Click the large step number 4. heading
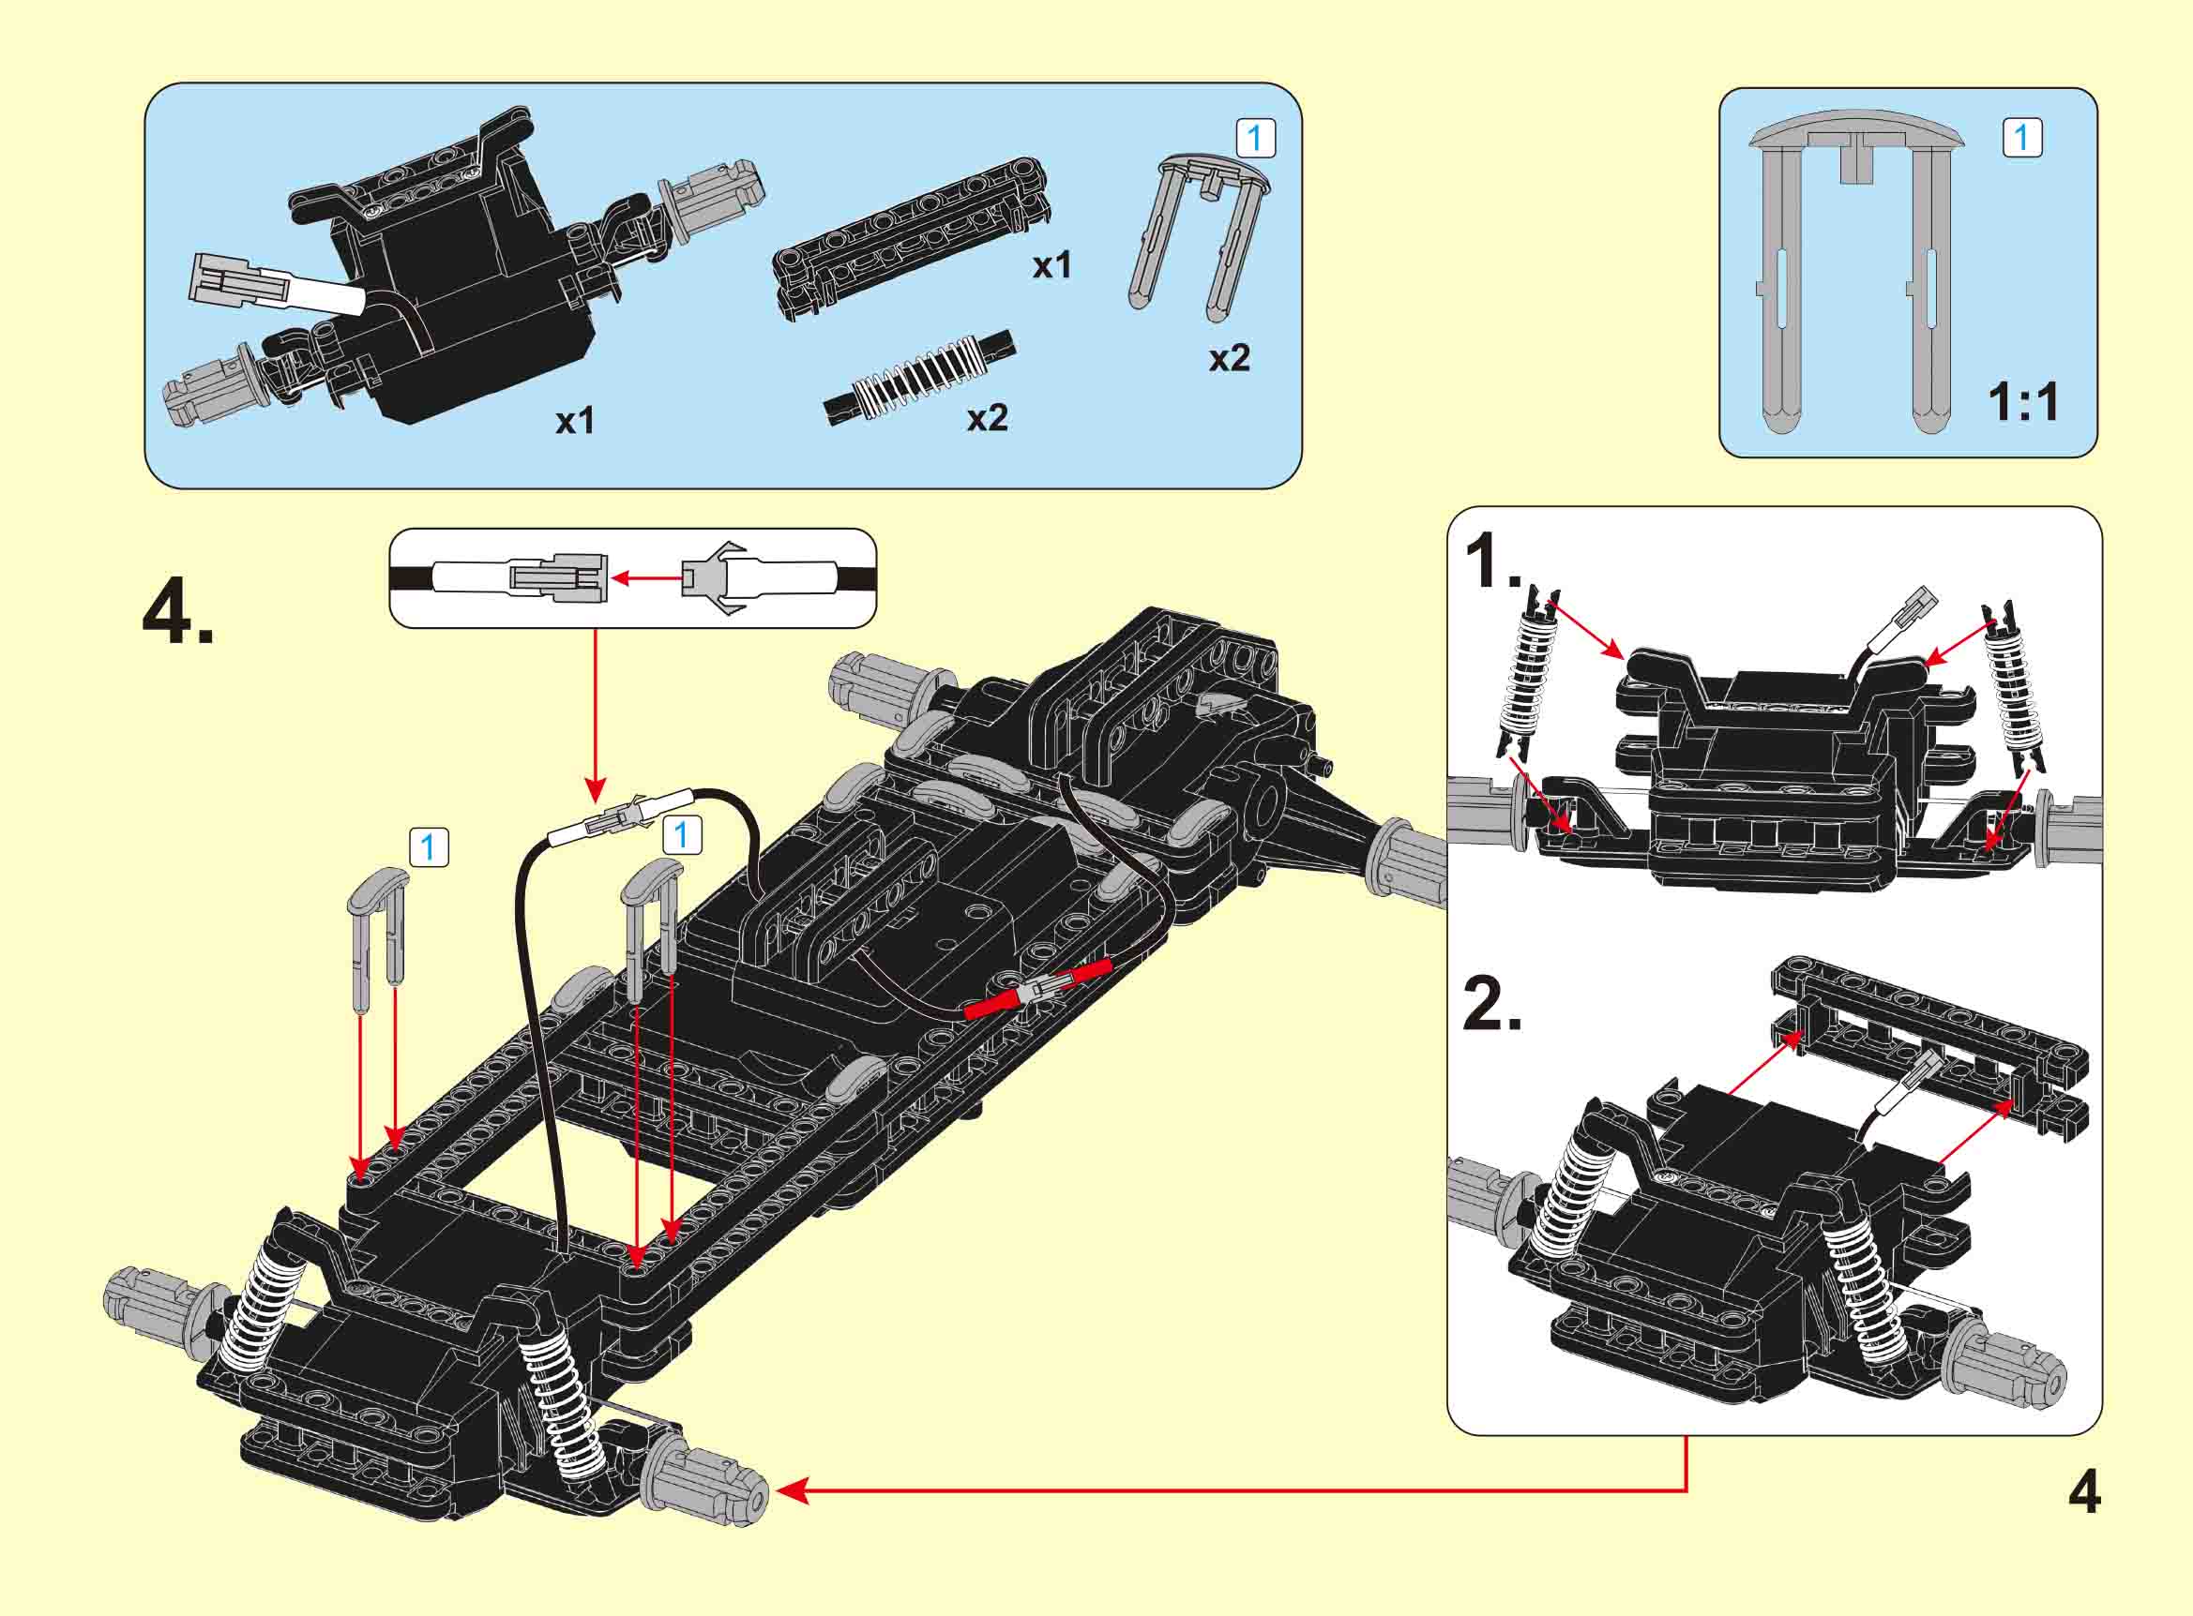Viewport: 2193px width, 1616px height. coord(178,613)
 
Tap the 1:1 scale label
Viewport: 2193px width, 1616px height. coord(2022,402)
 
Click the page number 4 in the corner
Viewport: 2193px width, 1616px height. coord(2084,1494)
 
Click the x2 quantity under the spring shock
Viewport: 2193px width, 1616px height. coord(987,419)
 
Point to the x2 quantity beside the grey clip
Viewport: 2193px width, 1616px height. coord(1229,359)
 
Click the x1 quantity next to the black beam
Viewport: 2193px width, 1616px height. coord(1052,265)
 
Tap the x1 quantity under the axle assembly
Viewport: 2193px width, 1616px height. coord(575,422)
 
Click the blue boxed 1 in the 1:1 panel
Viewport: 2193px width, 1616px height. coord(2022,138)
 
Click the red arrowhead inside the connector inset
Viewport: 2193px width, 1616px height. coord(620,579)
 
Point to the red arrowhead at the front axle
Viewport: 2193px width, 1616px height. coord(791,1491)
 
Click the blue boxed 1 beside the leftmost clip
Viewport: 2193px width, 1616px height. coord(428,847)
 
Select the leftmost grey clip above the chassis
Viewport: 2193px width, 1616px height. coord(377,939)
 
